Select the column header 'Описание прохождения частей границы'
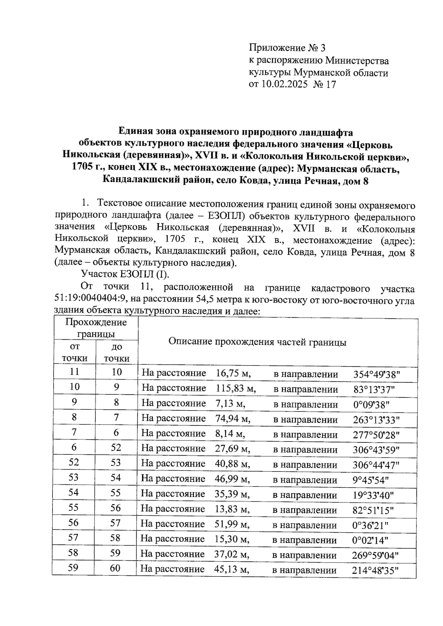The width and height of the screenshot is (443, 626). tap(257, 342)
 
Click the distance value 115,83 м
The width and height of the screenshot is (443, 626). tap(235, 388)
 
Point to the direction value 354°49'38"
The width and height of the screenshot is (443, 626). tap(377, 374)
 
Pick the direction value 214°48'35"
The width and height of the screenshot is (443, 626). tap(375, 570)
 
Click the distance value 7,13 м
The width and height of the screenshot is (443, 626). tap(230, 404)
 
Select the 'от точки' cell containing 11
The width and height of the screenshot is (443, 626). tap(74, 371)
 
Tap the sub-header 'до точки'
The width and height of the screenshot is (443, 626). tap(116, 352)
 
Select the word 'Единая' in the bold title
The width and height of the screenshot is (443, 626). tap(134, 132)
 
